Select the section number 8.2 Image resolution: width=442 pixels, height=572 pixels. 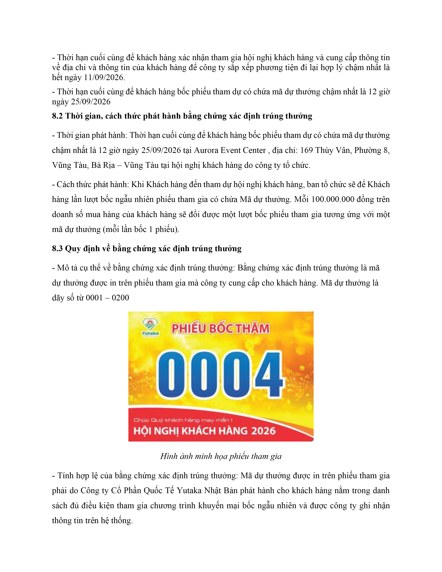pyautogui.click(x=57, y=116)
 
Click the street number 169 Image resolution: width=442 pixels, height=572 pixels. pyautogui.click(x=306, y=150)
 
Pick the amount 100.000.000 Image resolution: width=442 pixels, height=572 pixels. pyautogui.click(x=329, y=200)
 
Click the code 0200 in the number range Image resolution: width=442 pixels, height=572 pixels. pyautogui.click(x=120, y=298)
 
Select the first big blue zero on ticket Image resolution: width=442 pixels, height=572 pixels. pyautogui.click(x=171, y=375)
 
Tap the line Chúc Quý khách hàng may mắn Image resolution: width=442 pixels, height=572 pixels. pyautogui.click(x=183, y=420)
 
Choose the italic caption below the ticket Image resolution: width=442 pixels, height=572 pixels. pyautogui.click(x=221, y=456)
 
